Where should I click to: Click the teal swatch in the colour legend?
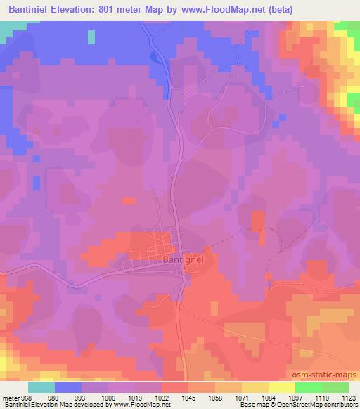[41, 387]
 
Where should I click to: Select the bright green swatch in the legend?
[308, 387]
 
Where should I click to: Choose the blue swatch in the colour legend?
[68, 387]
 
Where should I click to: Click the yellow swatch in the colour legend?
[255, 387]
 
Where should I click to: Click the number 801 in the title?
[120, 9]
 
